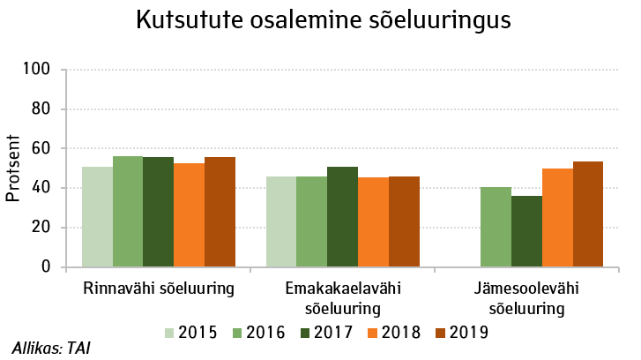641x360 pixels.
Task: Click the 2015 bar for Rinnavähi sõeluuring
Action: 97,217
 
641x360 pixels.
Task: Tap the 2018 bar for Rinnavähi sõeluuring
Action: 189,215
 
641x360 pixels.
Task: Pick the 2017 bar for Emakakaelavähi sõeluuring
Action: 342,217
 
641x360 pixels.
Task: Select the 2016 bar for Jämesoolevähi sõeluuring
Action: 496,227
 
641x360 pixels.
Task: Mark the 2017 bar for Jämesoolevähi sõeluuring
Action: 527,231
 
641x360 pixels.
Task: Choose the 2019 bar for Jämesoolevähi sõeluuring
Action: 588,214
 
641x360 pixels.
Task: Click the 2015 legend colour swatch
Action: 170,333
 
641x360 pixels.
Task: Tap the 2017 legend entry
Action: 327,333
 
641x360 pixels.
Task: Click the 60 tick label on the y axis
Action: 44,148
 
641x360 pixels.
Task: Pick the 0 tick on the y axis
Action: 49,266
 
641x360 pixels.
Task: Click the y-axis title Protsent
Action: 13,168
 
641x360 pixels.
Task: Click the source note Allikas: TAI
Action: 51,348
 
